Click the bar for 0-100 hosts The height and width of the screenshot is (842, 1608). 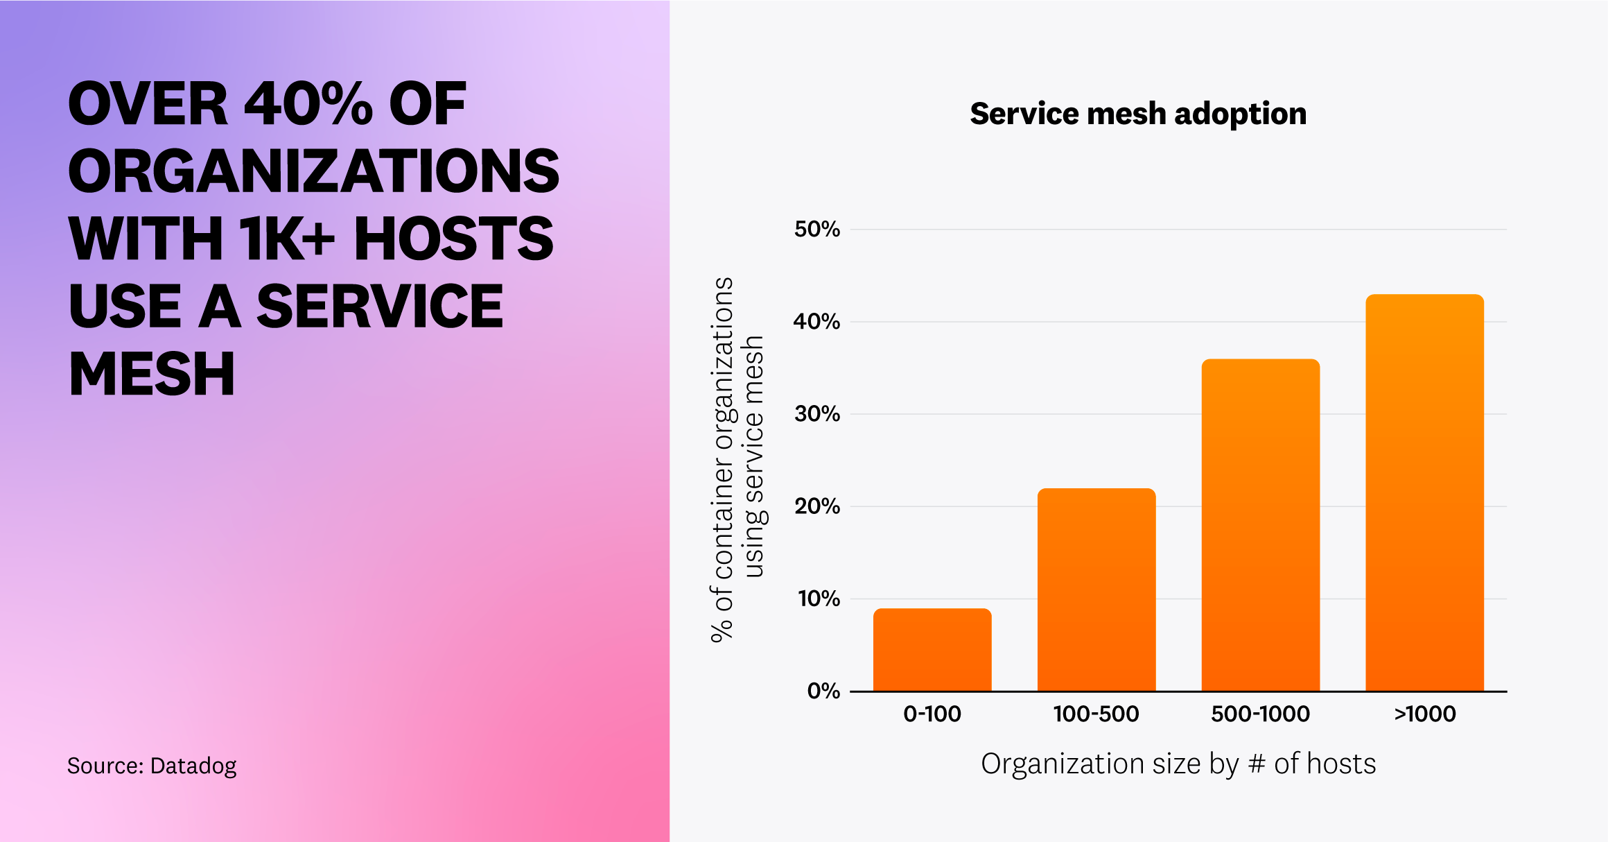click(932, 650)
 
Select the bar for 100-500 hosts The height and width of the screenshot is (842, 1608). click(1096, 590)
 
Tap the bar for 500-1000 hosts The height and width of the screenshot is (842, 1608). click(1260, 525)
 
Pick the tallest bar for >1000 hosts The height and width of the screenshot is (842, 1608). click(1424, 492)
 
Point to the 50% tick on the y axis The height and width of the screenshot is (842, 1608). click(816, 230)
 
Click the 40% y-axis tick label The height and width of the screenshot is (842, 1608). click(816, 322)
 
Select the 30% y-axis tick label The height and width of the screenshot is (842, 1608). click(816, 414)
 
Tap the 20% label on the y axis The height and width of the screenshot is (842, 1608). click(816, 506)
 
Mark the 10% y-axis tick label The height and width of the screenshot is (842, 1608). click(818, 599)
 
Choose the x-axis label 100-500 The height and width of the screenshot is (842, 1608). click(1096, 714)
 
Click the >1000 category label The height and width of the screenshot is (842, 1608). click(1424, 714)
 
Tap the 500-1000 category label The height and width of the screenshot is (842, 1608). click(1260, 714)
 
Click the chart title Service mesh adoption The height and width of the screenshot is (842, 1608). click(1138, 114)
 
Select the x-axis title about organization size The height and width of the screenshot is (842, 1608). click(1178, 764)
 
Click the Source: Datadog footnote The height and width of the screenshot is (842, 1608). click(152, 766)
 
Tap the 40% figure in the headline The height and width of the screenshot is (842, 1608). click(308, 104)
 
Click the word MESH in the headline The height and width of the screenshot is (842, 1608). click(152, 375)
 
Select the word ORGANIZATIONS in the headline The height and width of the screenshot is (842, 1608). click(313, 171)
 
